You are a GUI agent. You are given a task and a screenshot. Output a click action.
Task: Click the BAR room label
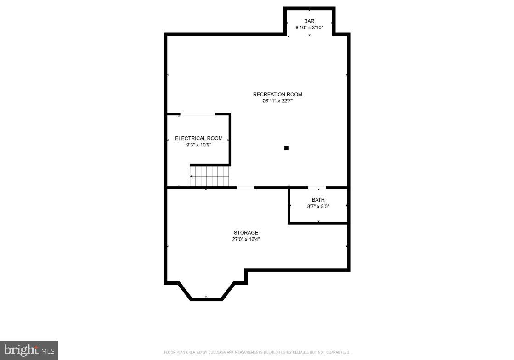[309, 21]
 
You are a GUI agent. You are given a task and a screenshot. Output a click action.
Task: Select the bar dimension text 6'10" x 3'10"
[309, 28]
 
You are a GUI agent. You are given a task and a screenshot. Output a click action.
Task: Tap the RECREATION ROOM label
[277, 95]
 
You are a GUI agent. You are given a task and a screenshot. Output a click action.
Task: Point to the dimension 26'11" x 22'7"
[277, 101]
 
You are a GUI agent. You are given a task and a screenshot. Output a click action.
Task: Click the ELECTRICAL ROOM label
[198, 138]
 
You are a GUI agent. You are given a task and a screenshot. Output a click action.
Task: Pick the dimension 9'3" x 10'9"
[198, 145]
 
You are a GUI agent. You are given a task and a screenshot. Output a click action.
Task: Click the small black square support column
[287, 148]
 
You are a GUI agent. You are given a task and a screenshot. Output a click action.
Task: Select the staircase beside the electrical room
[209, 176]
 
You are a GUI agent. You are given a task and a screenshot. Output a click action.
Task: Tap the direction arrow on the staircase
[192, 176]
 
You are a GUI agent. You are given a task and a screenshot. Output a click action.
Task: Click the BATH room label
[318, 200]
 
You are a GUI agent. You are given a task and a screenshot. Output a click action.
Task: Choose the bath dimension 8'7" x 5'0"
[318, 206]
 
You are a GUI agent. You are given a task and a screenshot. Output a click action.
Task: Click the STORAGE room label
[246, 233]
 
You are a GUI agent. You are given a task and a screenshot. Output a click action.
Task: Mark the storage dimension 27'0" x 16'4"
[246, 239]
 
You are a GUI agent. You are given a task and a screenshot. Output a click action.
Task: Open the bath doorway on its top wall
[317, 187]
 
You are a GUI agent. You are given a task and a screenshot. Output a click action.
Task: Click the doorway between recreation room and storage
[245, 187]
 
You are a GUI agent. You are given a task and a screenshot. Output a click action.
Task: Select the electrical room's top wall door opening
[198, 114]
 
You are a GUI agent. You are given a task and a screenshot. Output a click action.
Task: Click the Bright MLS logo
[29, 350]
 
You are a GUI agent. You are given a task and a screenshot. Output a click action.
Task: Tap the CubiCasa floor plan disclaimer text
[257, 353]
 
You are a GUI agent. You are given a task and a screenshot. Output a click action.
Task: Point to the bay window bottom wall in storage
[206, 299]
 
